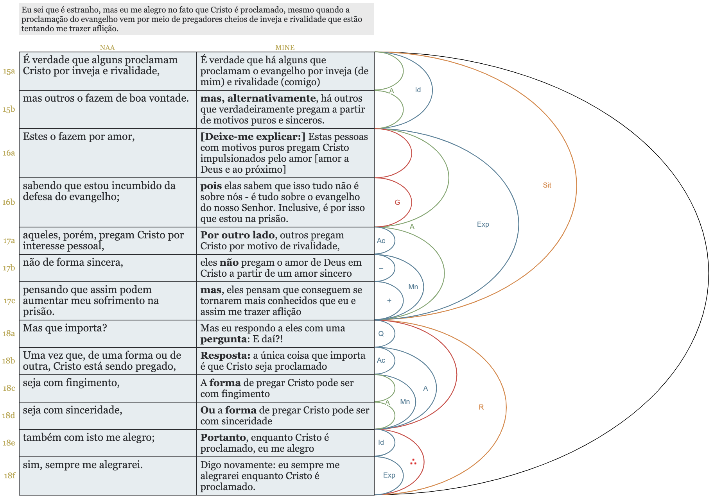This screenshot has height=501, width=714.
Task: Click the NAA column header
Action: (107, 48)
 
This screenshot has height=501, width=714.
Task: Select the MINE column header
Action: (285, 48)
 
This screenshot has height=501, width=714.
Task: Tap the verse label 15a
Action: (9, 71)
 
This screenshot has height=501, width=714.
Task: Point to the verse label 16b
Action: (9, 202)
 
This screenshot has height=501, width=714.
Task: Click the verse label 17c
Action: (9, 301)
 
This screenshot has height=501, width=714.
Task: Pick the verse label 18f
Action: (9, 476)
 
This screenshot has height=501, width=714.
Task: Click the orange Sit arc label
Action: (547, 185)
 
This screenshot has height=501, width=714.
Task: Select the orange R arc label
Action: (481, 407)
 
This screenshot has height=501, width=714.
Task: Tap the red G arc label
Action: (397, 202)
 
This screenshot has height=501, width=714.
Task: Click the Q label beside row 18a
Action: (381, 334)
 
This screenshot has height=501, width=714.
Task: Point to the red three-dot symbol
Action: (413, 462)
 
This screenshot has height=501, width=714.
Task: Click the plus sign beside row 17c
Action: (389, 301)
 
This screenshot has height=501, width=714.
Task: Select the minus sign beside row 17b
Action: (381, 268)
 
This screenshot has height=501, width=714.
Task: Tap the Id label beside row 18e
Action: (381, 442)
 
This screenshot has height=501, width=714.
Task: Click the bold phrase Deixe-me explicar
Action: (253, 137)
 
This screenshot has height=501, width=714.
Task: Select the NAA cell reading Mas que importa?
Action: (65, 328)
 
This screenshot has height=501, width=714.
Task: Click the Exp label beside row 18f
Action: (389, 475)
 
